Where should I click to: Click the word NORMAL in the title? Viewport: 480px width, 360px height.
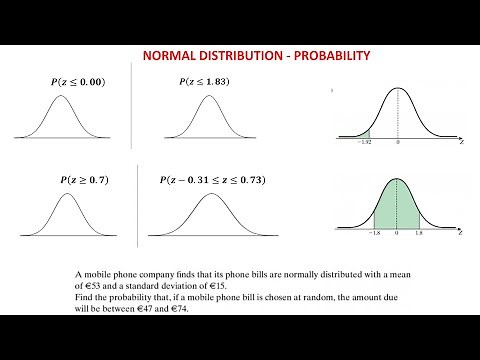tap(171, 56)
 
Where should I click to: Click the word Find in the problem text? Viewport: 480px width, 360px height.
tap(86, 298)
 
